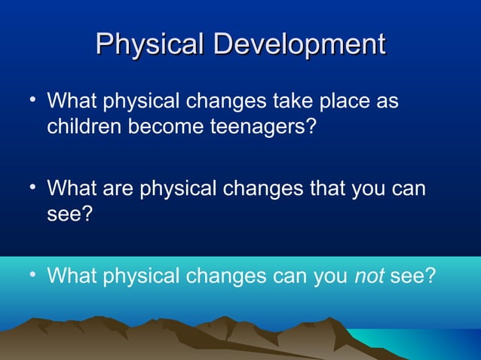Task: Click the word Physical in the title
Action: coord(151,44)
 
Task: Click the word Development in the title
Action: coord(299,44)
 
